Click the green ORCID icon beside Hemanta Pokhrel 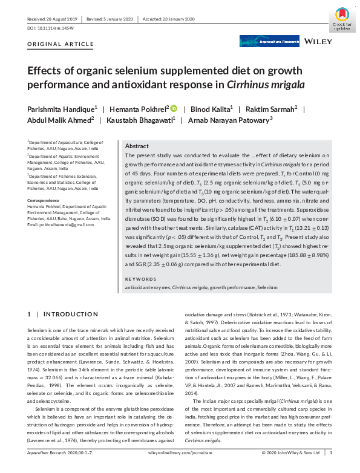coord(173,108)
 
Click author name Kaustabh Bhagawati coord(145,120)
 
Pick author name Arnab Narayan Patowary coord(235,120)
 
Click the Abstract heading coord(137,146)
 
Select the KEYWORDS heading coord(140,278)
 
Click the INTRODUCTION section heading coord(67,314)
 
